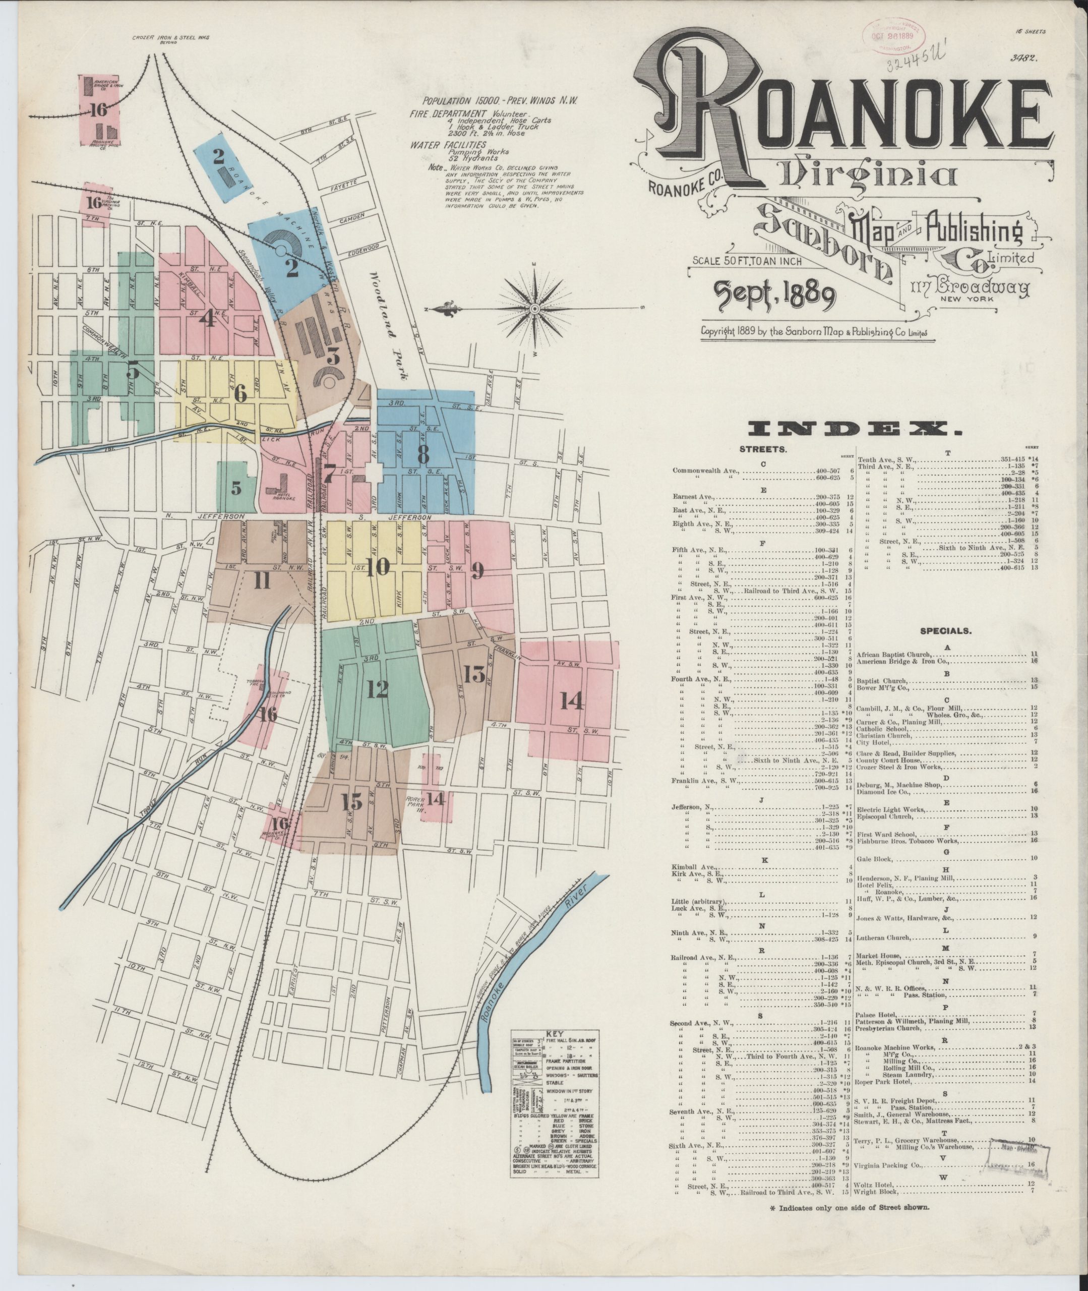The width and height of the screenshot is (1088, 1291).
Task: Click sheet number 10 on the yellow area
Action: pos(378,568)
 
